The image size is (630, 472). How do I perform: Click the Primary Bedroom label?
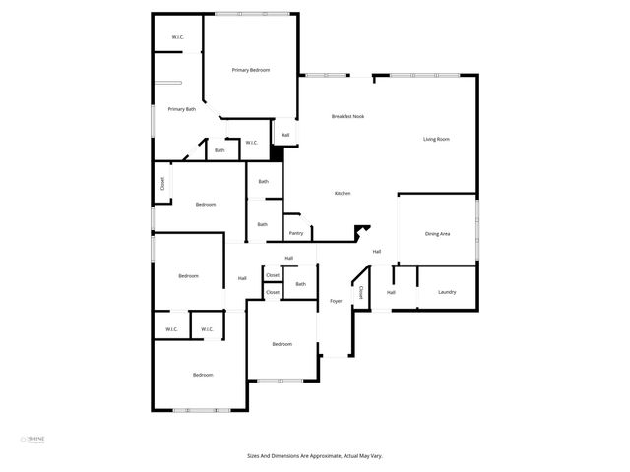click(x=251, y=70)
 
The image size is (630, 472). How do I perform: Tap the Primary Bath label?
click(x=182, y=109)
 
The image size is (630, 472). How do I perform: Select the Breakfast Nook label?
click(x=349, y=117)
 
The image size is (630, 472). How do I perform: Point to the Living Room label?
click(x=436, y=139)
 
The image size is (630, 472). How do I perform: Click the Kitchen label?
click(x=343, y=193)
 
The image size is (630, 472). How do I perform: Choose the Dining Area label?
click(x=437, y=233)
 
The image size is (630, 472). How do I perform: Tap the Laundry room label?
click(x=447, y=292)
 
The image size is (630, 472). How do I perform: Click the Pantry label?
click(x=296, y=233)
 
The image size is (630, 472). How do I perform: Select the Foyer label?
click(x=336, y=300)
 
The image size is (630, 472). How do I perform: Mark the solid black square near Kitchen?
click(x=277, y=153)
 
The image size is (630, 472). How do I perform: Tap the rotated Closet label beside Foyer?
click(x=361, y=292)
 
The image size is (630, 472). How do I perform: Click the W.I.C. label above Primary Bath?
click(x=178, y=38)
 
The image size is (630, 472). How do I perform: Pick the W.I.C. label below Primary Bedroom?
click(x=251, y=143)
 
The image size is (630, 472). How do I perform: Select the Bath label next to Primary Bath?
click(x=220, y=150)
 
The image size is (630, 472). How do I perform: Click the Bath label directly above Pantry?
click(x=263, y=224)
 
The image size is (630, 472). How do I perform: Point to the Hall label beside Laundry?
click(x=391, y=292)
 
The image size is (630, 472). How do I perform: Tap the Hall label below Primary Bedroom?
click(x=285, y=135)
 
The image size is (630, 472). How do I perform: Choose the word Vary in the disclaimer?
click(x=376, y=456)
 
